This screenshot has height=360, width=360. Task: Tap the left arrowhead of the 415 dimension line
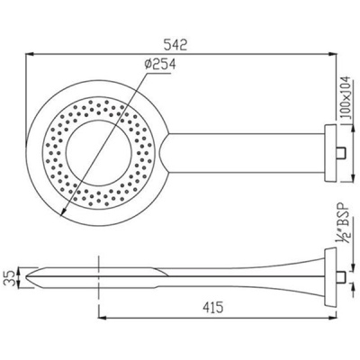[100, 319]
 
